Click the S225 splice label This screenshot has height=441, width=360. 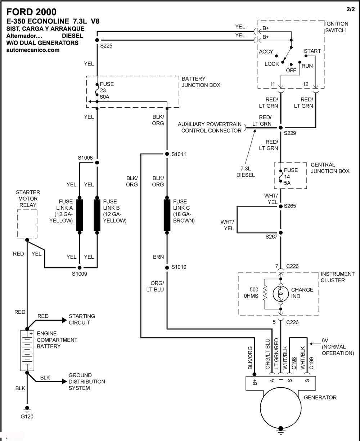pyautogui.click(x=106, y=46)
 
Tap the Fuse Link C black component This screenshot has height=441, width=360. pyautogui.click(x=167, y=215)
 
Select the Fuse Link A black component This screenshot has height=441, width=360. pyautogui.click(x=80, y=215)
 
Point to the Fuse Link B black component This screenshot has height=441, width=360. pyautogui.click(x=97, y=215)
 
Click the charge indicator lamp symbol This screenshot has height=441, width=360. pyautogui.click(x=280, y=294)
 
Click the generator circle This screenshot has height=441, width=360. pyautogui.click(x=280, y=408)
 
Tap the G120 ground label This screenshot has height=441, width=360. pyautogui.click(x=27, y=416)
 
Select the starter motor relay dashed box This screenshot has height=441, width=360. pyautogui.click(x=27, y=224)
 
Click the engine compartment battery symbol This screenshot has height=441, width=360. pyautogui.click(x=27, y=351)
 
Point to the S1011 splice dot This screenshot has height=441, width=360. pyautogui.click(x=167, y=154)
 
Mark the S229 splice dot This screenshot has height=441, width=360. pyautogui.click(x=280, y=128)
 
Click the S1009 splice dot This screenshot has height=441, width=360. pyautogui.click(x=80, y=268)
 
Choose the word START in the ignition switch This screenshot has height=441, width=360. pyautogui.click(x=312, y=51)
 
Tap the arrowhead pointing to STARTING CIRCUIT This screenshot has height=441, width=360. pyautogui.click(x=64, y=320)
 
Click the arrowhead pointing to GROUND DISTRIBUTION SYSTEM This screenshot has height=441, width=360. pyautogui.click(x=64, y=382)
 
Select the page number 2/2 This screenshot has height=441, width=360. pyautogui.click(x=351, y=9)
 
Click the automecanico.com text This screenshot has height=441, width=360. pyautogui.click(x=33, y=50)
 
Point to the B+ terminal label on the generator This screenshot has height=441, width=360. pyautogui.click(x=255, y=382)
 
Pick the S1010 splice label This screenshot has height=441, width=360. pyautogui.click(x=179, y=267)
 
